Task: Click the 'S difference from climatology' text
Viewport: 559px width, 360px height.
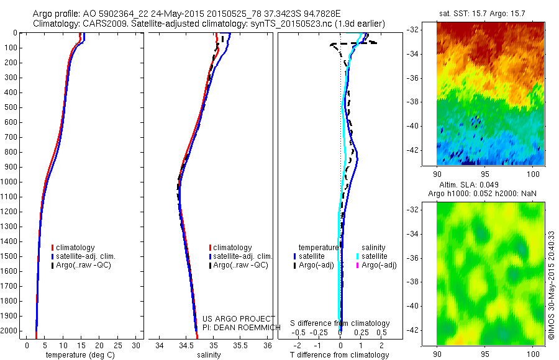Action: pyautogui.click(x=340, y=323)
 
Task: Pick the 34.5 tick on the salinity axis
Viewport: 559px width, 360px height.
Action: pyautogui.click(x=186, y=345)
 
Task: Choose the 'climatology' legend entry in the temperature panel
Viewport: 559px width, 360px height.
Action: pyautogui.click(x=75, y=248)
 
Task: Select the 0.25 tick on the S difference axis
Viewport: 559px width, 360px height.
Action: pyautogui.click(x=361, y=333)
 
